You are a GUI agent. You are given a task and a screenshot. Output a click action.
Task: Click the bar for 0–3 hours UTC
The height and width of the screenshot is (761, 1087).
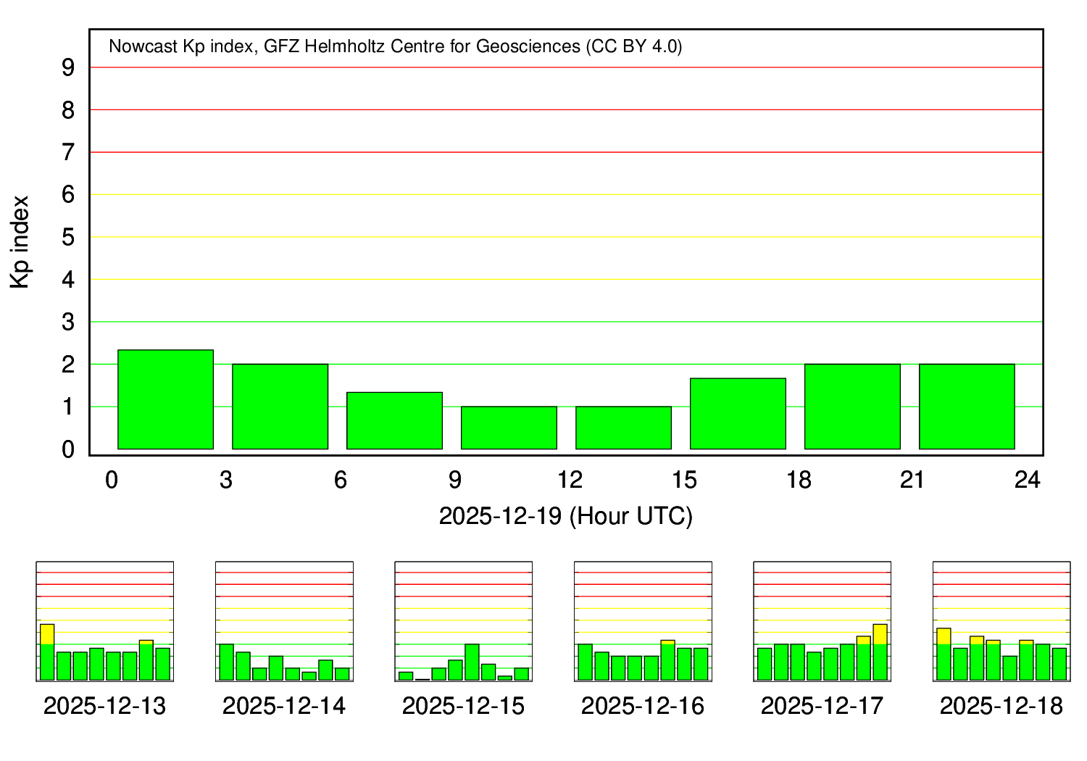click(x=165, y=399)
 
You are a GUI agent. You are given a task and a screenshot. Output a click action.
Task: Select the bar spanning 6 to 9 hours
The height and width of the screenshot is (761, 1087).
click(x=394, y=420)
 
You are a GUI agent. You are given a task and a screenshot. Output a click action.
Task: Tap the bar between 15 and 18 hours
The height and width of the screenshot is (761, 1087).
click(x=738, y=413)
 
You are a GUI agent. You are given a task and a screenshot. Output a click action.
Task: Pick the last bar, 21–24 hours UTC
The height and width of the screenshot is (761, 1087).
click(x=967, y=407)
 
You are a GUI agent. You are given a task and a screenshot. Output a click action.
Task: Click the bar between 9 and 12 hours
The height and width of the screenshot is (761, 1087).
click(x=509, y=428)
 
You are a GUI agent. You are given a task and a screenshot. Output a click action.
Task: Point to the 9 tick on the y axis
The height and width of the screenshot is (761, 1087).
click(x=68, y=67)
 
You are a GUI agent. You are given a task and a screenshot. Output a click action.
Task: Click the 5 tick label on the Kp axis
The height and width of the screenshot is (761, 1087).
click(x=68, y=237)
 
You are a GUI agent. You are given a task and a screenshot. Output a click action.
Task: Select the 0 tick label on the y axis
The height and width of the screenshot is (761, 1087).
click(x=68, y=449)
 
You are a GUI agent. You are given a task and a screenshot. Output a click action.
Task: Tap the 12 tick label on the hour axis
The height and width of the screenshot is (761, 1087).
click(x=570, y=480)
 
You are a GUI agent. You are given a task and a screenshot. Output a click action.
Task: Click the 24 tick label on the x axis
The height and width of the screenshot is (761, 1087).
click(x=1028, y=480)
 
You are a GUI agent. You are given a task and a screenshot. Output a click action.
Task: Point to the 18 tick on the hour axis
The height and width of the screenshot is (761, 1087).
click(x=799, y=480)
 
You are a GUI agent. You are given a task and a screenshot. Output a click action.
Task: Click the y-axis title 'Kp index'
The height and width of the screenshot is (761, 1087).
click(x=20, y=242)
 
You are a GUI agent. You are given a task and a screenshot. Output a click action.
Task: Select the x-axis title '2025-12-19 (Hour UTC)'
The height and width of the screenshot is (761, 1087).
click(x=565, y=516)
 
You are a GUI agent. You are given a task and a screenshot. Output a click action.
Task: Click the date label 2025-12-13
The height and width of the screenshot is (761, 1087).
click(x=104, y=706)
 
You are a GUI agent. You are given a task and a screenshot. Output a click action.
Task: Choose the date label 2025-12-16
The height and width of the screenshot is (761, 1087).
click(x=642, y=706)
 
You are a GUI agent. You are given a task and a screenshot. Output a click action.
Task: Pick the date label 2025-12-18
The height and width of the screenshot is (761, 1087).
click(x=1001, y=706)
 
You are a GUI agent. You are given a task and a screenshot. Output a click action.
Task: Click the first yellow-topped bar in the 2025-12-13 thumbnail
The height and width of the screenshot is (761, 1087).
click(x=47, y=652)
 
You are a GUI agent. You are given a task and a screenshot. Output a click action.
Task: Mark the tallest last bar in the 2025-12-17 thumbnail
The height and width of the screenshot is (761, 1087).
click(x=880, y=652)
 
